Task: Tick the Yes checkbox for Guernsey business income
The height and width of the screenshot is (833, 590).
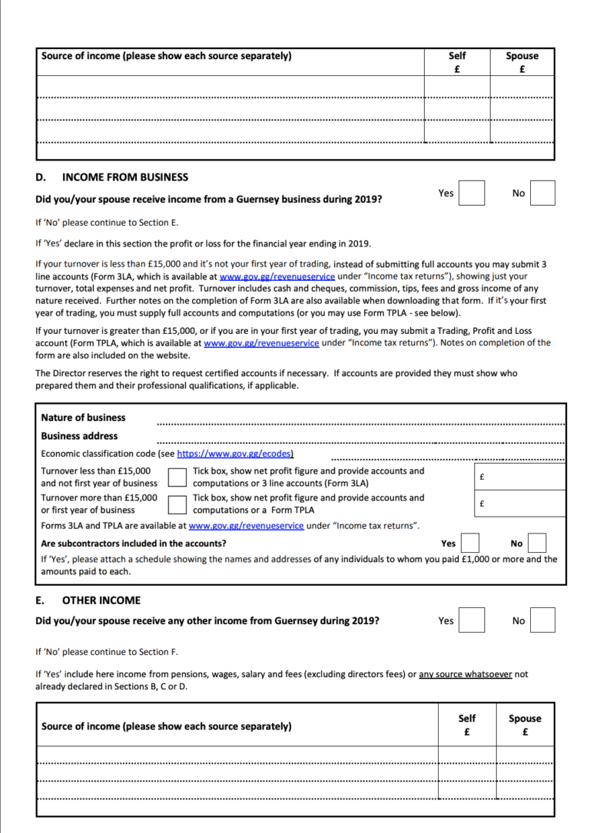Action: pyautogui.click(x=472, y=193)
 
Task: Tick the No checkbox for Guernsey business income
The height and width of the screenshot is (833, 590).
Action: pyautogui.click(x=542, y=193)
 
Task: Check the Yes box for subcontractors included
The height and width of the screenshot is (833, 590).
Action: pyautogui.click(x=470, y=544)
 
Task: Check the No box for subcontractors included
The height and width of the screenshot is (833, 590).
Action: pyautogui.click(x=537, y=544)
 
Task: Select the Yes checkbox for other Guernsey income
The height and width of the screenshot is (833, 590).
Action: pyautogui.click(x=472, y=620)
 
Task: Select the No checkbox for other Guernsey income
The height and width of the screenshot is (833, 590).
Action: pyautogui.click(x=542, y=620)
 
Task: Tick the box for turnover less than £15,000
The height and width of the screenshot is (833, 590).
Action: pyautogui.click(x=177, y=477)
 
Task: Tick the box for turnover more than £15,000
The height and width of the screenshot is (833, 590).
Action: pyautogui.click(x=177, y=504)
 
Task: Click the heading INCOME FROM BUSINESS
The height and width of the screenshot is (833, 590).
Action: pyautogui.click(x=124, y=177)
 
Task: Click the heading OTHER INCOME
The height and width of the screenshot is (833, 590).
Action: pyautogui.click(x=101, y=600)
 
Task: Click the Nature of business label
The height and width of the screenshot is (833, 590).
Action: pyautogui.click(x=83, y=418)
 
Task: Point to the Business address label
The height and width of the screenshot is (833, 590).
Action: pyautogui.click(x=79, y=435)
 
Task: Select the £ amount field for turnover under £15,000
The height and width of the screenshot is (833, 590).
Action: pyautogui.click(x=519, y=476)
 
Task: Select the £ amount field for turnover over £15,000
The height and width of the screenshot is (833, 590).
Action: pyautogui.click(x=519, y=504)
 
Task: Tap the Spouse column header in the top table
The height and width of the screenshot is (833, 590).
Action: pyautogui.click(x=522, y=61)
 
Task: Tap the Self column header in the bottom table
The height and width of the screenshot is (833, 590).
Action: pyautogui.click(x=466, y=725)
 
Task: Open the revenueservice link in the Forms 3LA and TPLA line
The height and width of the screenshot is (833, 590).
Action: pyautogui.click(x=247, y=526)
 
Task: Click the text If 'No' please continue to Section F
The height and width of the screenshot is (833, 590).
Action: pyautogui.click(x=107, y=652)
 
